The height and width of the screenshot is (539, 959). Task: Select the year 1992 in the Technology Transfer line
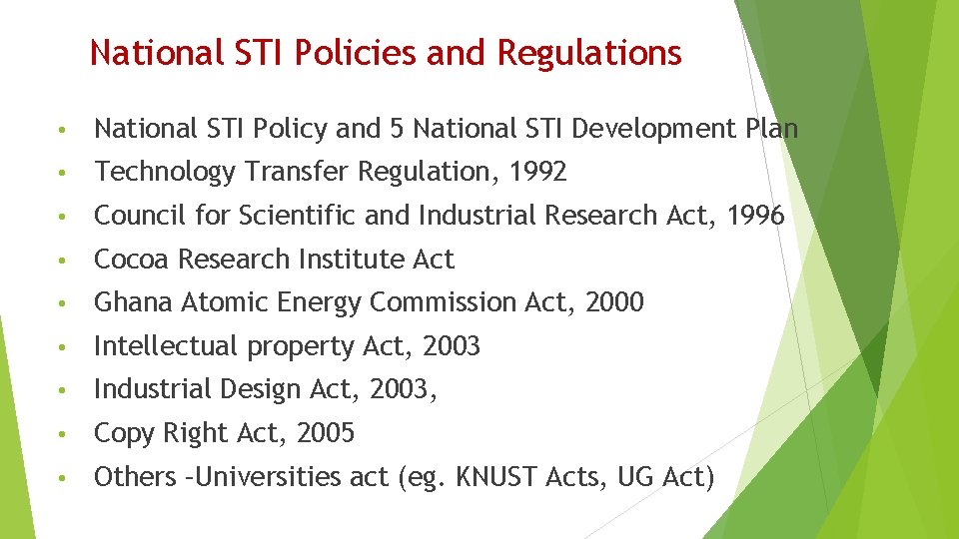pos(537,172)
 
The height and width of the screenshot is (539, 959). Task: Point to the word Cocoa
pos(131,260)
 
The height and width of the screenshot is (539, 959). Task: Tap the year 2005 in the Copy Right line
pos(326,433)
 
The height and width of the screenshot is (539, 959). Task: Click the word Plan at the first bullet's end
pos(770,129)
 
